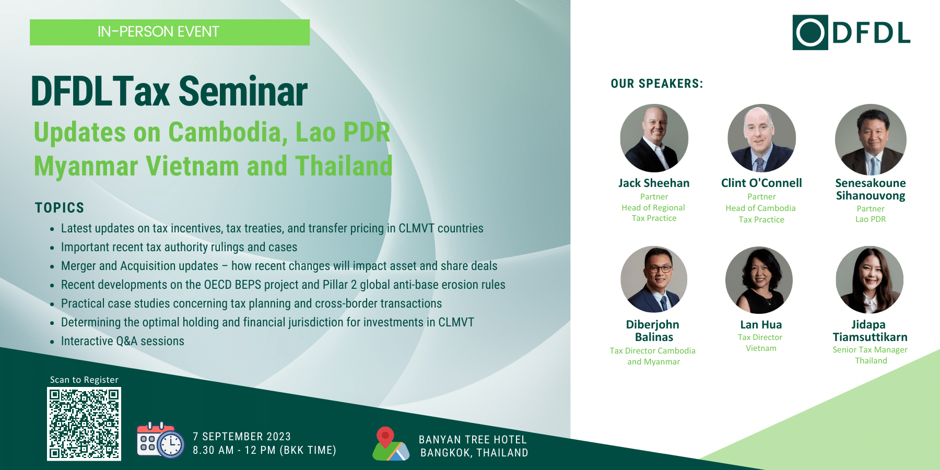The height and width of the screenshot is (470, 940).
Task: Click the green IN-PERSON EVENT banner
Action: click(170, 32)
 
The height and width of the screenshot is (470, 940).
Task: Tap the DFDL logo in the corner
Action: click(851, 32)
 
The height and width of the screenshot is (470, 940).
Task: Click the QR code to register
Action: click(84, 424)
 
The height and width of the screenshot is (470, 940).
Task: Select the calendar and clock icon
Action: click(160, 440)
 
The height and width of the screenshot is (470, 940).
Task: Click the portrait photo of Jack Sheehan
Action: click(654, 138)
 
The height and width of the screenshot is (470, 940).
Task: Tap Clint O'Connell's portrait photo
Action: click(761, 138)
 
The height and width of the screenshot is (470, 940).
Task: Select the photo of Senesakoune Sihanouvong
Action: click(871, 139)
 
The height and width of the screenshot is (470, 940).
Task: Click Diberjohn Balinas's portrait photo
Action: click(654, 279)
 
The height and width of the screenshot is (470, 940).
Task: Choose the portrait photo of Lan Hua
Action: click(759, 280)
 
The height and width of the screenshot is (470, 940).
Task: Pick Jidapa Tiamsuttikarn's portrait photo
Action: click(869, 280)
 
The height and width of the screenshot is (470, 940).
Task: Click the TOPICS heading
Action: click(60, 208)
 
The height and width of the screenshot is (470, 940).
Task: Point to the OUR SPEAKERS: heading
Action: click(657, 84)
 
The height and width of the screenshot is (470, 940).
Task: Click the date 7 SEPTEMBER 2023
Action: click(242, 437)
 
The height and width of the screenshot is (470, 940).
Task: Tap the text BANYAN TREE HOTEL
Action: click(473, 440)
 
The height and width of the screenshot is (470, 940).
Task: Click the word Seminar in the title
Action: click(243, 92)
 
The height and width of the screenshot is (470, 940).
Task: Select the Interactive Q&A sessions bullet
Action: click(123, 341)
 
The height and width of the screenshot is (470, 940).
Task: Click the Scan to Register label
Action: click(84, 380)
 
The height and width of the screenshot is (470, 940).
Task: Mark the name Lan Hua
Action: click(761, 325)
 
